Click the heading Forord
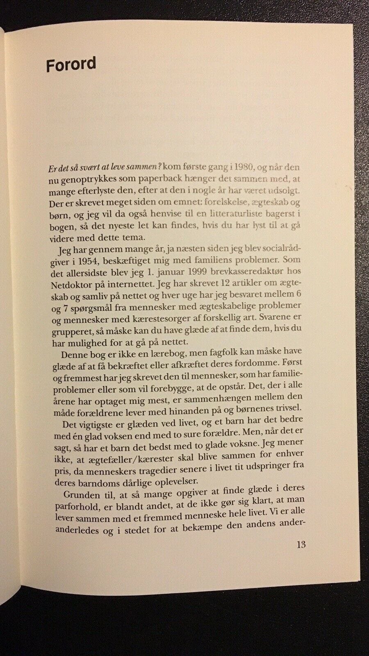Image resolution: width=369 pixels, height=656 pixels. pyautogui.click(x=71, y=65)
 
